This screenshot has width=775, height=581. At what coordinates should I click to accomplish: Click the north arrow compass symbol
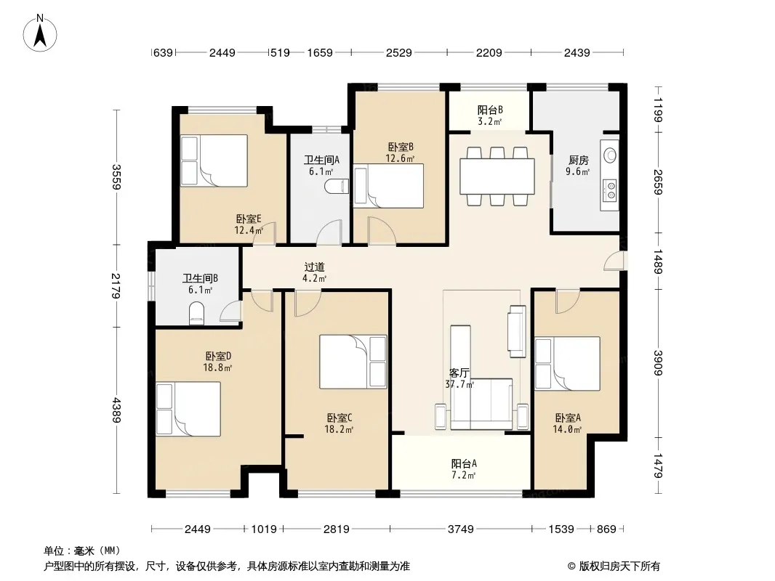pyautogui.click(x=40, y=33)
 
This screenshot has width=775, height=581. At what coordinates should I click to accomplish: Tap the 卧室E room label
pyautogui.click(x=248, y=219)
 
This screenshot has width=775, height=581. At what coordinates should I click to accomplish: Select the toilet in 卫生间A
pyautogui.click(x=337, y=187)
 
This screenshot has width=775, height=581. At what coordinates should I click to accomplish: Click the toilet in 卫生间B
pyautogui.click(x=197, y=313)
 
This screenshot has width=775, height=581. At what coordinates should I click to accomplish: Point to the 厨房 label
pyautogui.click(x=578, y=160)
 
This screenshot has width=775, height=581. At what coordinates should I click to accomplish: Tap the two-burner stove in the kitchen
pyautogui.click(x=611, y=190)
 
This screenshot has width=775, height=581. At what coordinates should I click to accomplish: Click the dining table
pyautogui.click(x=497, y=176)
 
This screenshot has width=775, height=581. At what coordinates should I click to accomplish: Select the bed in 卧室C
pyautogui.click(x=353, y=362)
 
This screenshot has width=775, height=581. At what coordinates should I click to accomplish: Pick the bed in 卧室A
pyautogui.click(x=567, y=364)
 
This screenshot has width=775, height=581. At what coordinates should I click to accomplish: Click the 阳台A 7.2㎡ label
pyautogui.click(x=464, y=469)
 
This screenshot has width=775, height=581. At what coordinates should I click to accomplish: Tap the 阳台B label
pyautogui.click(x=490, y=110)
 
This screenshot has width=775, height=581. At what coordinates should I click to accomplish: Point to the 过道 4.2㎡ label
pyautogui.click(x=314, y=273)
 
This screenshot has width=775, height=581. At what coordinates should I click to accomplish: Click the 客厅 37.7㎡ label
pyautogui.click(x=459, y=378)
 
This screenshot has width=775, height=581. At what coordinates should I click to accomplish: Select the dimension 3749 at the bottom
pyautogui.click(x=461, y=529)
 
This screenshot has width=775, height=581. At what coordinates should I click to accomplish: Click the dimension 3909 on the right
pyautogui.click(x=657, y=363)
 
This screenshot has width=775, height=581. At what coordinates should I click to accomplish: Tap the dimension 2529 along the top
pyautogui.click(x=399, y=52)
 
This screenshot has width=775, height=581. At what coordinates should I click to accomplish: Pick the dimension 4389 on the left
pyautogui.click(x=116, y=410)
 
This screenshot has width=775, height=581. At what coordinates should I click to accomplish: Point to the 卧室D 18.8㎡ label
pyautogui.click(x=218, y=362)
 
